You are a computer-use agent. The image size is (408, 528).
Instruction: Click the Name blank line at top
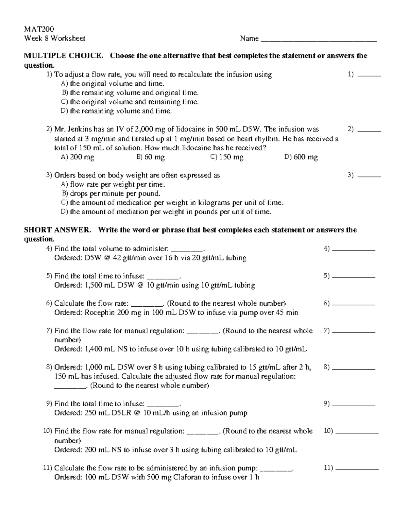click(x=319, y=40)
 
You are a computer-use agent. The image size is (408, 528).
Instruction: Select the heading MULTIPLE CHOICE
click(x=63, y=56)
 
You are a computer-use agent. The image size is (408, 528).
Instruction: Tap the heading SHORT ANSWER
click(x=57, y=230)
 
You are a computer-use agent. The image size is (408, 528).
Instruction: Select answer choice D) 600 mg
click(x=301, y=157)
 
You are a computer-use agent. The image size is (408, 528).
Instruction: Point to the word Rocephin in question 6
click(x=100, y=313)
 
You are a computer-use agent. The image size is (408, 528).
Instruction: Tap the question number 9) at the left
click(x=50, y=404)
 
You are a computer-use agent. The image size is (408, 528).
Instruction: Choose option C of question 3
click(x=172, y=203)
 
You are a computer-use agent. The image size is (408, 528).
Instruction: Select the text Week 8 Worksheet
click(x=55, y=38)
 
